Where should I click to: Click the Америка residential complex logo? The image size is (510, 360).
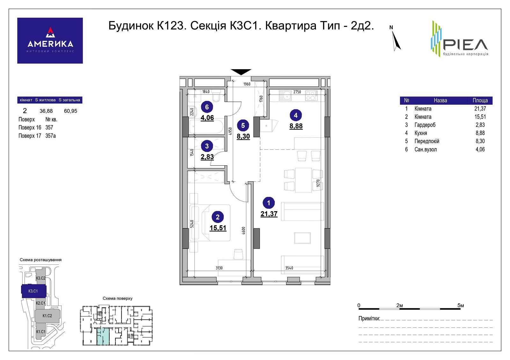(x=50, y=40)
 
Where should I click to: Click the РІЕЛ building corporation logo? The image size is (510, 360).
(x=459, y=39)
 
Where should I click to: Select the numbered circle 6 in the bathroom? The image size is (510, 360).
(x=207, y=107)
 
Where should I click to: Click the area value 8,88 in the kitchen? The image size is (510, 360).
(x=296, y=126)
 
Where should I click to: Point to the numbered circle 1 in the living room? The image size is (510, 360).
(x=269, y=203)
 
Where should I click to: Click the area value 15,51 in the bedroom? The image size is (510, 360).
(x=218, y=228)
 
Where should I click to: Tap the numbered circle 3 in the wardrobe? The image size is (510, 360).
(x=207, y=146)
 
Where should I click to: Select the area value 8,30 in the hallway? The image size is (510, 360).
(x=243, y=136)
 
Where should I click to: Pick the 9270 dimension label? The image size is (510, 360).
(x=318, y=183)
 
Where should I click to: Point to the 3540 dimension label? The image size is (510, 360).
(x=289, y=268)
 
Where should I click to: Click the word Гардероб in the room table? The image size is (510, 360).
(x=425, y=125)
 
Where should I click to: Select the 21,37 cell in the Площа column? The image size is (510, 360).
(x=480, y=109)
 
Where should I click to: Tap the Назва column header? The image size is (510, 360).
(x=440, y=100)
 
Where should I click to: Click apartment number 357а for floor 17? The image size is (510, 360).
(x=51, y=136)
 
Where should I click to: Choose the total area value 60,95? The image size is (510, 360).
(x=70, y=111)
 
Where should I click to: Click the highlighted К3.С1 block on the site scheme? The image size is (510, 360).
(x=33, y=291)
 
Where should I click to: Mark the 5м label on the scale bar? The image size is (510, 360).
(x=461, y=306)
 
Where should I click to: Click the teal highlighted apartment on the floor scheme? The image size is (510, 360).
(x=103, y=336)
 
